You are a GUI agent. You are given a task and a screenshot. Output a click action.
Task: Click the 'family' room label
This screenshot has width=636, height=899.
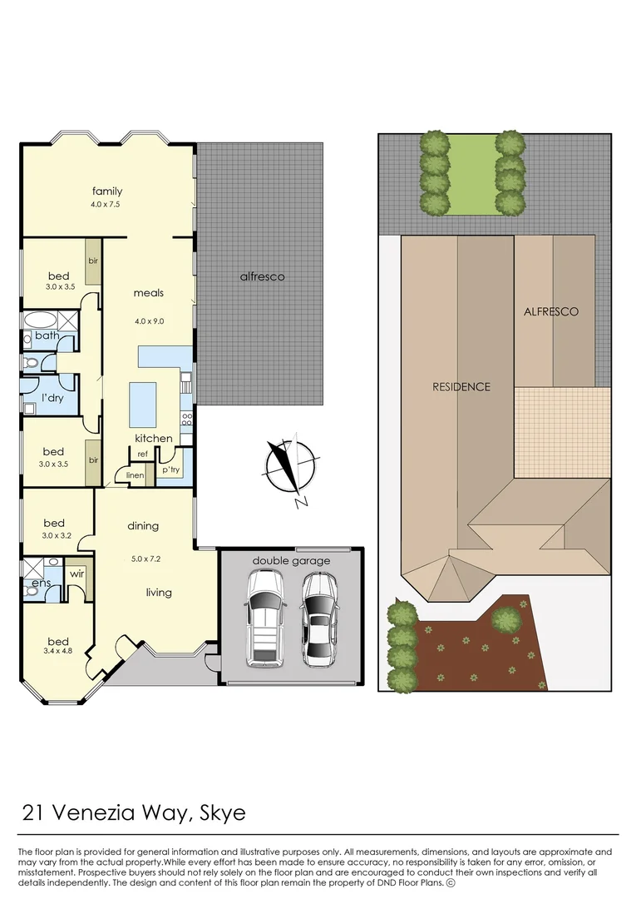pyautogui.click(x=107, y=191)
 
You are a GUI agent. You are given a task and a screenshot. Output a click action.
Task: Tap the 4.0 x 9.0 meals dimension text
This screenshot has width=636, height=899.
pyautogui.click(x=148, y=320)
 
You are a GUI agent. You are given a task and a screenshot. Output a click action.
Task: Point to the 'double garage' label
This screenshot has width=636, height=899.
pyautogui.click(x=291, y=560)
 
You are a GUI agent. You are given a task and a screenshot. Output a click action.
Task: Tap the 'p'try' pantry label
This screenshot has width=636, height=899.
pyautogui.click(x=170, y=470)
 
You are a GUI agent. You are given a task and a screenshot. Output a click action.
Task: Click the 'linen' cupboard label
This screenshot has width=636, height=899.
pyautogui.click(x=135, y=475)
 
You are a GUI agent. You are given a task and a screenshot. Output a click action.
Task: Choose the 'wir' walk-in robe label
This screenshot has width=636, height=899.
pyautogui.click(x=77, y=574)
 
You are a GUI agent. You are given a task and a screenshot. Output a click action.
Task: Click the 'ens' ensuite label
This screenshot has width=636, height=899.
pyautogui.click(x=41, y=584)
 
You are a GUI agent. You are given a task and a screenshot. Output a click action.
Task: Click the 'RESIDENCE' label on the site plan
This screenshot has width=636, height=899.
pyautogui.click(x=461, y=386)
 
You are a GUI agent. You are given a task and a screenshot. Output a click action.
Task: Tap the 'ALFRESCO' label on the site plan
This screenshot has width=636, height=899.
pyautogui.click(x=550, y=311)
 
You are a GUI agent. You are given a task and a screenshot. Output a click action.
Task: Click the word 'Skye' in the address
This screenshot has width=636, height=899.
pyautogui.click(x=224, y=812)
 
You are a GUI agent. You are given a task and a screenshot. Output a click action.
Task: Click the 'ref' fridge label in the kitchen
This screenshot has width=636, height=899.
pyautogui.click(x=142, y=454)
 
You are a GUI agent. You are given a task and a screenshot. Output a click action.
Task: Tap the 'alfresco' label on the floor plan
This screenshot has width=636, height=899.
pyautogui.click(x=262, y=276)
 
